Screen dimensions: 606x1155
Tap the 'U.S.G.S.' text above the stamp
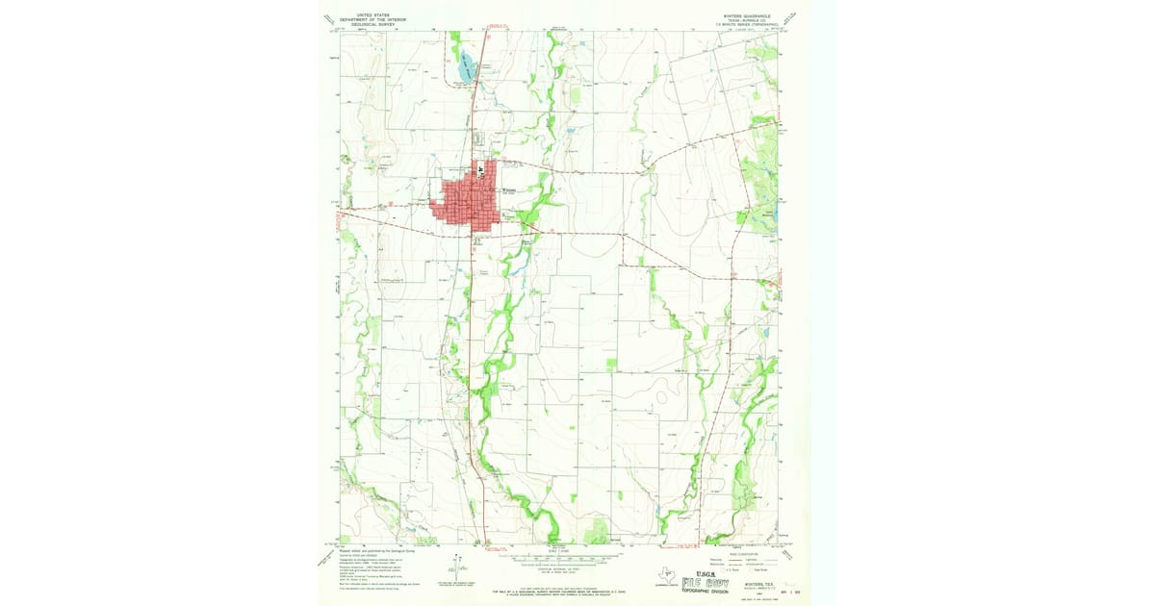700,569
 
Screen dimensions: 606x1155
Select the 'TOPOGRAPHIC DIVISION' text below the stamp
710,593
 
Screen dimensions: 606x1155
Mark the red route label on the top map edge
496,27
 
